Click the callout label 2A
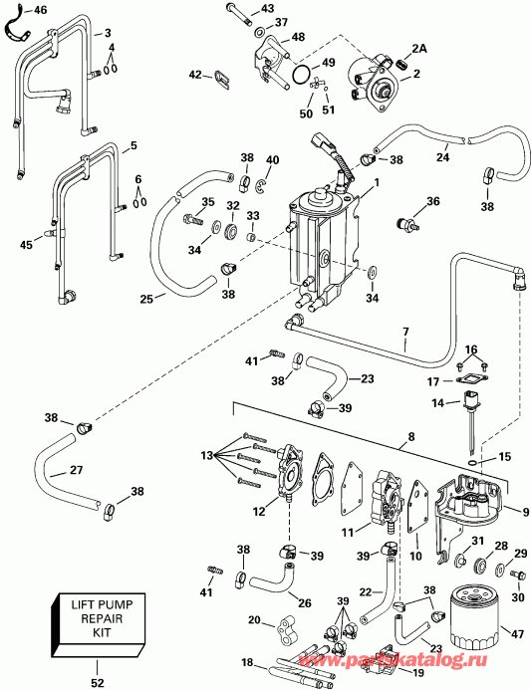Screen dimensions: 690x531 click(418, 48)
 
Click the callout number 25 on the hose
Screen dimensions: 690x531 click(145, 299)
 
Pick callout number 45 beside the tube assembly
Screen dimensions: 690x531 click(26, 244)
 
